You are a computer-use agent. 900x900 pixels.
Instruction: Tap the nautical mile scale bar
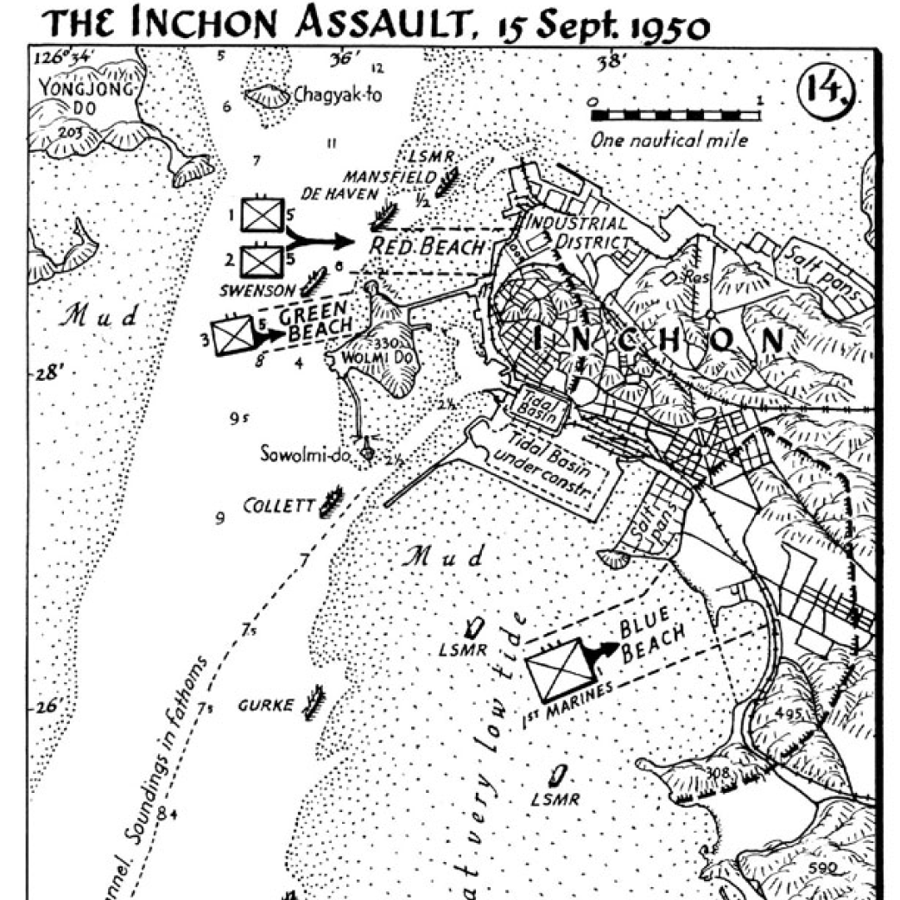[676, 114]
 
